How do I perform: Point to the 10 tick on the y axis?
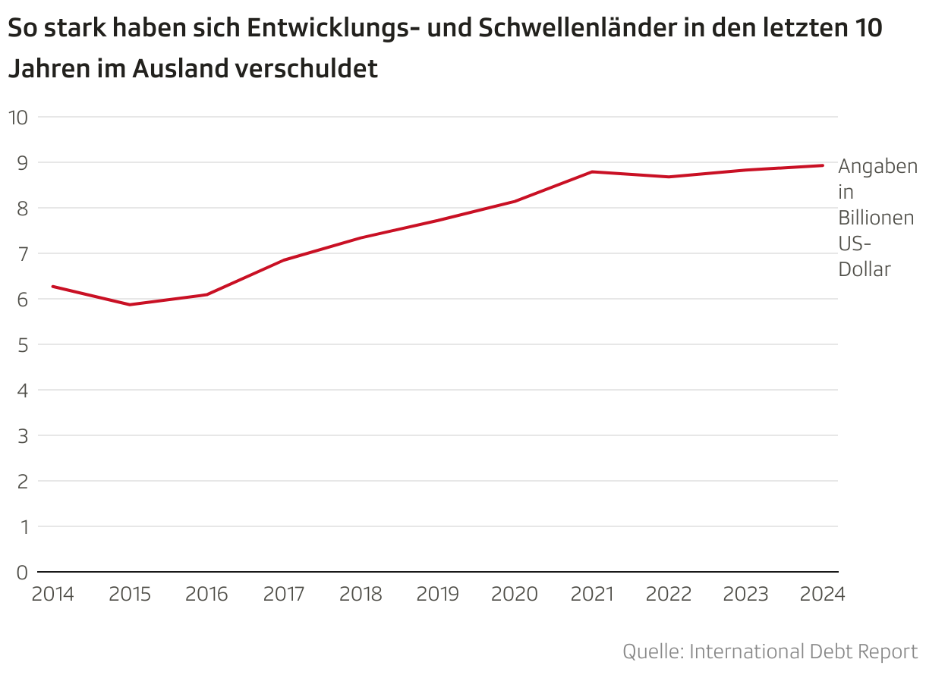click(x=17, y=117)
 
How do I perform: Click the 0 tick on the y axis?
click(x=22, y=572)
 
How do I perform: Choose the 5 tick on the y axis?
click(x=22, y=344)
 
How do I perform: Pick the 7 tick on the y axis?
click(x=22, y=253)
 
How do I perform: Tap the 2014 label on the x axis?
click(x=52, y=594)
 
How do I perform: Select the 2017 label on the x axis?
click(x=284, y=594)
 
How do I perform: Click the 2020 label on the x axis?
click(x=515, y=594)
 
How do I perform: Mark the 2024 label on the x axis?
click(x=822, y=594)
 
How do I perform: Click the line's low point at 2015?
click(x=130, y=305)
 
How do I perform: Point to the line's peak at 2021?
click(x=592, y=171)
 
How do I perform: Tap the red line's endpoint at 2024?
click(x=823, y=165)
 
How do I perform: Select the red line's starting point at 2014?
click(x=52, y=286)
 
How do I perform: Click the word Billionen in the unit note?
click(x=876, y=218)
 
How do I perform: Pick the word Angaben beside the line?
click(x=877, y=166)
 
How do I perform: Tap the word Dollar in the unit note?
click(x=864, y=269)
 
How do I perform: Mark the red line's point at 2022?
click(x=669, y=177)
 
